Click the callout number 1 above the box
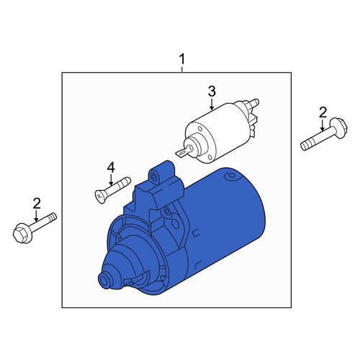click(x=182, y=59)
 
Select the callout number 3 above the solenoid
click(x=212, y=91)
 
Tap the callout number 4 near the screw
click(x=111, y=167)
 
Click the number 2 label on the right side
click(x=323, y=112)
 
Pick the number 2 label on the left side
click(x=37, y=204)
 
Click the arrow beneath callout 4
click(x=111, y=179)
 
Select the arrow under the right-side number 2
click(x=323, y=125)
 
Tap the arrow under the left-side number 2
click(x=37, y=216)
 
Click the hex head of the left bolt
click(x=21, y=233)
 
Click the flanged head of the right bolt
click(x=339, y=128)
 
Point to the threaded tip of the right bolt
click(x=306, y=145)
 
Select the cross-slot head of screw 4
click(x=99, y=197)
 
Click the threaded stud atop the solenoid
click(x=253, y=103)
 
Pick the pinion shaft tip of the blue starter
click(x=104, y=281)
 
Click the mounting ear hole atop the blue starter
click(x=153, y=176)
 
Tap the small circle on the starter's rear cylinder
click(x=231, y=176)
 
